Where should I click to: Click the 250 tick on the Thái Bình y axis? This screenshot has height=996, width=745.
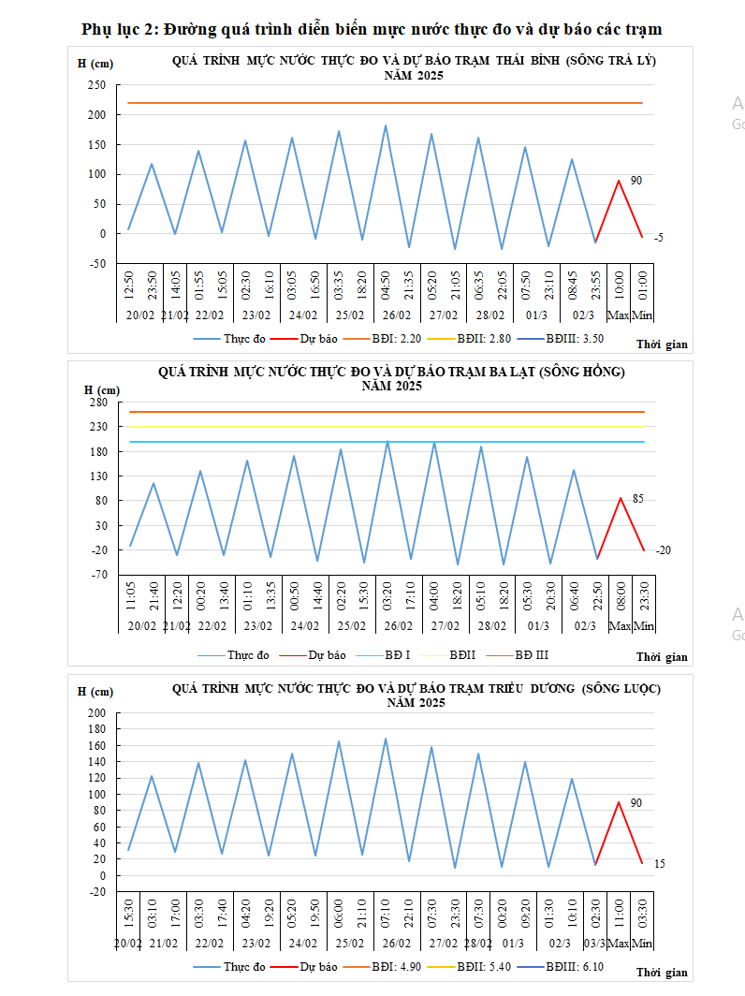click(96, 85)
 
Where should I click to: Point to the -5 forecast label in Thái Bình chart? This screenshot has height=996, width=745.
click(658, 239)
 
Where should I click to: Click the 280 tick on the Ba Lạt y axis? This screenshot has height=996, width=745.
click(99, 403)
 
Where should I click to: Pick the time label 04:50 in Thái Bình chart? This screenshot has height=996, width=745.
click(386, 283)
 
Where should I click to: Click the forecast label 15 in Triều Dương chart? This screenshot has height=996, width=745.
click(659, 863)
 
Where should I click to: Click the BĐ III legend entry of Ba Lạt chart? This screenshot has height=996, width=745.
click(529, 654)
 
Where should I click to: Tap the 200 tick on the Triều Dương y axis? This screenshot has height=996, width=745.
click(97, 713)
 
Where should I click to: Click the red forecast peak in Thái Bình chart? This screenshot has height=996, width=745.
click(619, 181)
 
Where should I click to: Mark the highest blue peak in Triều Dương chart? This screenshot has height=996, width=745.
click(385, 739)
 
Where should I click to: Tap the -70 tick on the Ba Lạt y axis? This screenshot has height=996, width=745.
click(100, 574)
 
